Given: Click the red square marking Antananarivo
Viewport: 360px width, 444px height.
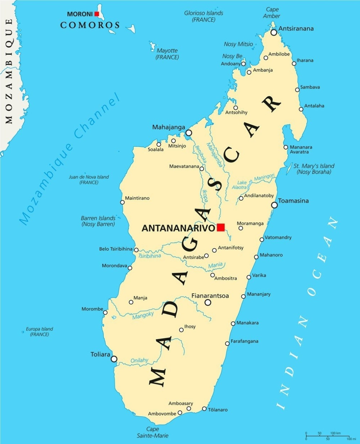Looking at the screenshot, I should tap(221, 227).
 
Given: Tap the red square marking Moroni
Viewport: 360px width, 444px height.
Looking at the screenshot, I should tap(96, 14).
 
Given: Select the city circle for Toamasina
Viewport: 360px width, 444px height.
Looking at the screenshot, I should tap(274, 205).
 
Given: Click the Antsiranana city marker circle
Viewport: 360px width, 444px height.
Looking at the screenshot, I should tap(274, 32).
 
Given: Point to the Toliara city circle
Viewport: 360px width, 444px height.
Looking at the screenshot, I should tap(114, 359).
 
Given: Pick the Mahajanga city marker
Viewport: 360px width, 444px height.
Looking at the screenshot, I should tap(189, 133).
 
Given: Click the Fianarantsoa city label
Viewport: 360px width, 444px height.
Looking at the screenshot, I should tap(210, 296).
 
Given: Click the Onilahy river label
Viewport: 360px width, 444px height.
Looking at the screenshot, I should tap(139, 360).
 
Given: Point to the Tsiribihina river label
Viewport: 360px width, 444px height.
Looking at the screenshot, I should tap(149, 256).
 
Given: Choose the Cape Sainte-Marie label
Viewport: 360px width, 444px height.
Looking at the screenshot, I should tap(153, 432).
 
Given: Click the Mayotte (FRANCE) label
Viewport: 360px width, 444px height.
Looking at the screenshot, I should tap(167, 54).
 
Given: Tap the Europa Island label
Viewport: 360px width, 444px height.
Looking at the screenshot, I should tap(39, 332).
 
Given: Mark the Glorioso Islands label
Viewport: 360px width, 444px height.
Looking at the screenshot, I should tap(203, 16).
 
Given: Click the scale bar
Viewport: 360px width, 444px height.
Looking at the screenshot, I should tap(328, 436).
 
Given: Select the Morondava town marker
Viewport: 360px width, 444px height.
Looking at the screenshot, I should tap(130, 268).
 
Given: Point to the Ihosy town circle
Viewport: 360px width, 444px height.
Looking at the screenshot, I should tap(181, 330).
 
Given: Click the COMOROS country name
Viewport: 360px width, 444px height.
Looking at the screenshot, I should tap(90, 25).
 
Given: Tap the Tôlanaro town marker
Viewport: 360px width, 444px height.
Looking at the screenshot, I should tap(204, 409).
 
